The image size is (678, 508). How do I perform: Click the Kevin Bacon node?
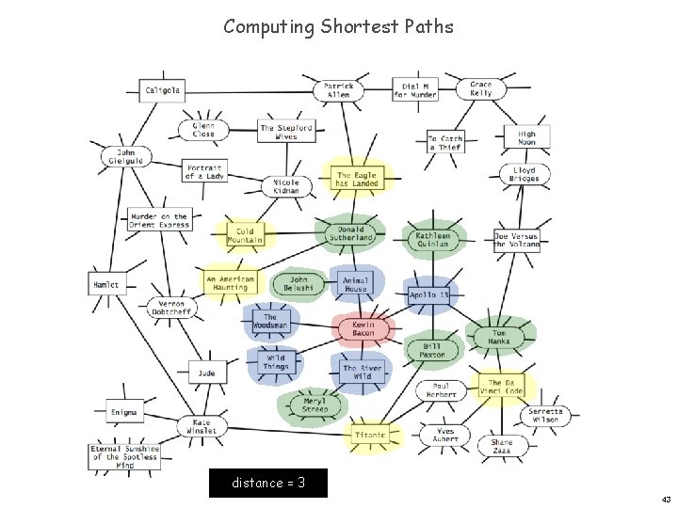363,327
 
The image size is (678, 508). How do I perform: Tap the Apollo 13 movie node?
429,294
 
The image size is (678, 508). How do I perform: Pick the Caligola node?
163,90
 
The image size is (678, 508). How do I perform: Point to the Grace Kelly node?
481,89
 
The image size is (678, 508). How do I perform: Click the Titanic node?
371,435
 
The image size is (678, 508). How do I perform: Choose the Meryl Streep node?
315,405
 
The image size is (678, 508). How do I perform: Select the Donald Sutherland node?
351,233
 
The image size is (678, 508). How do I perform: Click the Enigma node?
123,412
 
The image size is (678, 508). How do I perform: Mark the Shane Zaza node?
502,446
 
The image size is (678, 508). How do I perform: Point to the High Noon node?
526,137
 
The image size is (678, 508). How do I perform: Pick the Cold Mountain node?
245,235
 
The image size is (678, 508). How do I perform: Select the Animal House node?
356,284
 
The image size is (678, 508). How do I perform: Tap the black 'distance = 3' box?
268,483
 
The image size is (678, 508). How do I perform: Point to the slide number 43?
666,499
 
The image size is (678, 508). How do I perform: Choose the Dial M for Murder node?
415,90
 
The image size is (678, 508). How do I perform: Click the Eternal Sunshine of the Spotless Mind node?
125,457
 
